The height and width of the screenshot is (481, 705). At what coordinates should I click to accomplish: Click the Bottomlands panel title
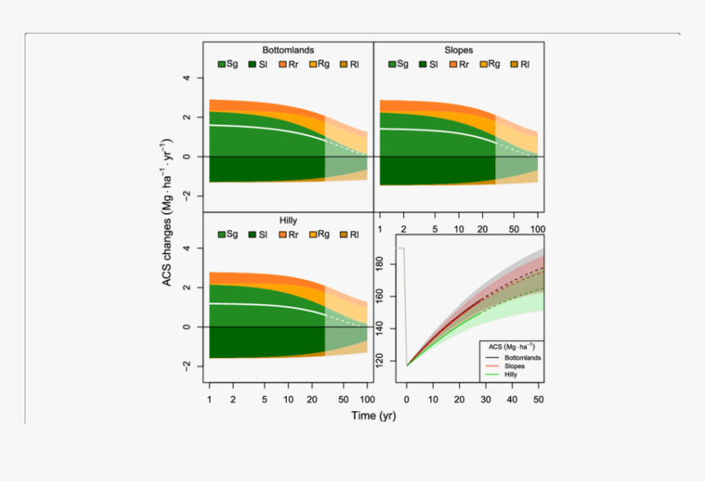coord(289,50)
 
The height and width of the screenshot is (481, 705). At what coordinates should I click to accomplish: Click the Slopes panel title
coord(458,50)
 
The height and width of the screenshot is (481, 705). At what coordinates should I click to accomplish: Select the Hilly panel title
coord(289,220)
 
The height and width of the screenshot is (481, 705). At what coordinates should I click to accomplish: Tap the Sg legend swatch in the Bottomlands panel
coord(221,64)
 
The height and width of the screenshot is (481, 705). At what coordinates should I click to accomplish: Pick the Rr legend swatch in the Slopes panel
coord(453,64)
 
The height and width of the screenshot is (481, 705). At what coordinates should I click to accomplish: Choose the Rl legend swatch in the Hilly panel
coord(344,234)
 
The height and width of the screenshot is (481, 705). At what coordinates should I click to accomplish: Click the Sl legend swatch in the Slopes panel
coord(423,64)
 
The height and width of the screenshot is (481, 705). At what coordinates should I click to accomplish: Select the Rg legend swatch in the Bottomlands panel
coord(313,64)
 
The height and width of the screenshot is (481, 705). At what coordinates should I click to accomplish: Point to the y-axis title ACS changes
coord(166,212)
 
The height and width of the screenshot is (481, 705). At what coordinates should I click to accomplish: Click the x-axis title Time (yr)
coord(374,415)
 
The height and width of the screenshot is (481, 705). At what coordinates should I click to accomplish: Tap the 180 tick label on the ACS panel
coord(379,265)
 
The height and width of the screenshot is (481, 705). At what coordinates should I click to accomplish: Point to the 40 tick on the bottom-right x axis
coord(512,399)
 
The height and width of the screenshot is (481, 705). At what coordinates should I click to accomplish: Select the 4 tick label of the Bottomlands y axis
coord(187,78)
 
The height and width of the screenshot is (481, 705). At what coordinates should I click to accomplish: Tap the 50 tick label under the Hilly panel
coord(343,399)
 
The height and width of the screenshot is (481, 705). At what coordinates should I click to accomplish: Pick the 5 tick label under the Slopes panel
coord(434,229)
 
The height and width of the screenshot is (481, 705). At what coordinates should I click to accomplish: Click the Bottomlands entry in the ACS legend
coord(522,358)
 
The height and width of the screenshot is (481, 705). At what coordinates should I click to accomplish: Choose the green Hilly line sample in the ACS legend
coord(493,374)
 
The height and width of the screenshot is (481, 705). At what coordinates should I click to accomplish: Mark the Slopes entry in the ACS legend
coord(514,366)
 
